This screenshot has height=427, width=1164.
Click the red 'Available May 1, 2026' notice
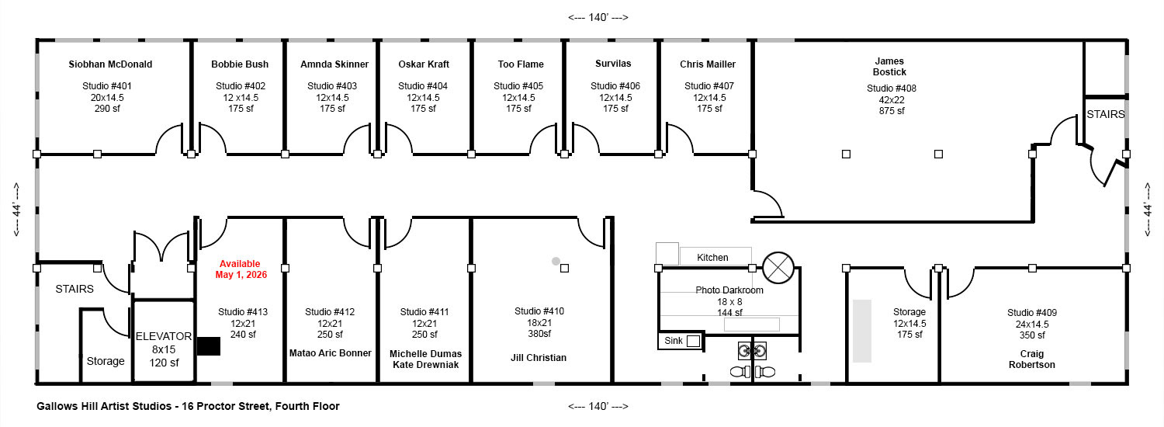[241, 269]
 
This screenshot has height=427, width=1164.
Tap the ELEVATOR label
[164, 336]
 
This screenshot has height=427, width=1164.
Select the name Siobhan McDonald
[110, 64]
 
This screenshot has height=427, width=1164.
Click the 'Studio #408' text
[891, 89]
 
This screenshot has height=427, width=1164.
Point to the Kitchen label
[712, 258]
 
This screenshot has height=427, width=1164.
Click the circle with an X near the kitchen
[778, 268]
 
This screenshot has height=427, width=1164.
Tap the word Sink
[674, 341]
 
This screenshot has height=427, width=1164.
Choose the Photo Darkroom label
[729, 290]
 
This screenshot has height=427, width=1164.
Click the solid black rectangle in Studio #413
[209, 346]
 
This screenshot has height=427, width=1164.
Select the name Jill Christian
[539, 358]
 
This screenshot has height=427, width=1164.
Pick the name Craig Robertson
[1031, 359]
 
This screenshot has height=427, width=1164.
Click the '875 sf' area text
[892, 111]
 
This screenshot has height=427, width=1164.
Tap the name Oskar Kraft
[424, 64]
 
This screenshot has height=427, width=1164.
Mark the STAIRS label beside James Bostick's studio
[1105, 114]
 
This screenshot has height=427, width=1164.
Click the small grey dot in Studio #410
[556, 261]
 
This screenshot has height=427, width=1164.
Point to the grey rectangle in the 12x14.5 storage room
[861, 331]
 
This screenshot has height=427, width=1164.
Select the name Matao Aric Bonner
[330, 353]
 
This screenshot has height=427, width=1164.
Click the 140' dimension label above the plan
[598, 18]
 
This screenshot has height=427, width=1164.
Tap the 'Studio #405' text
[518, 86]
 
